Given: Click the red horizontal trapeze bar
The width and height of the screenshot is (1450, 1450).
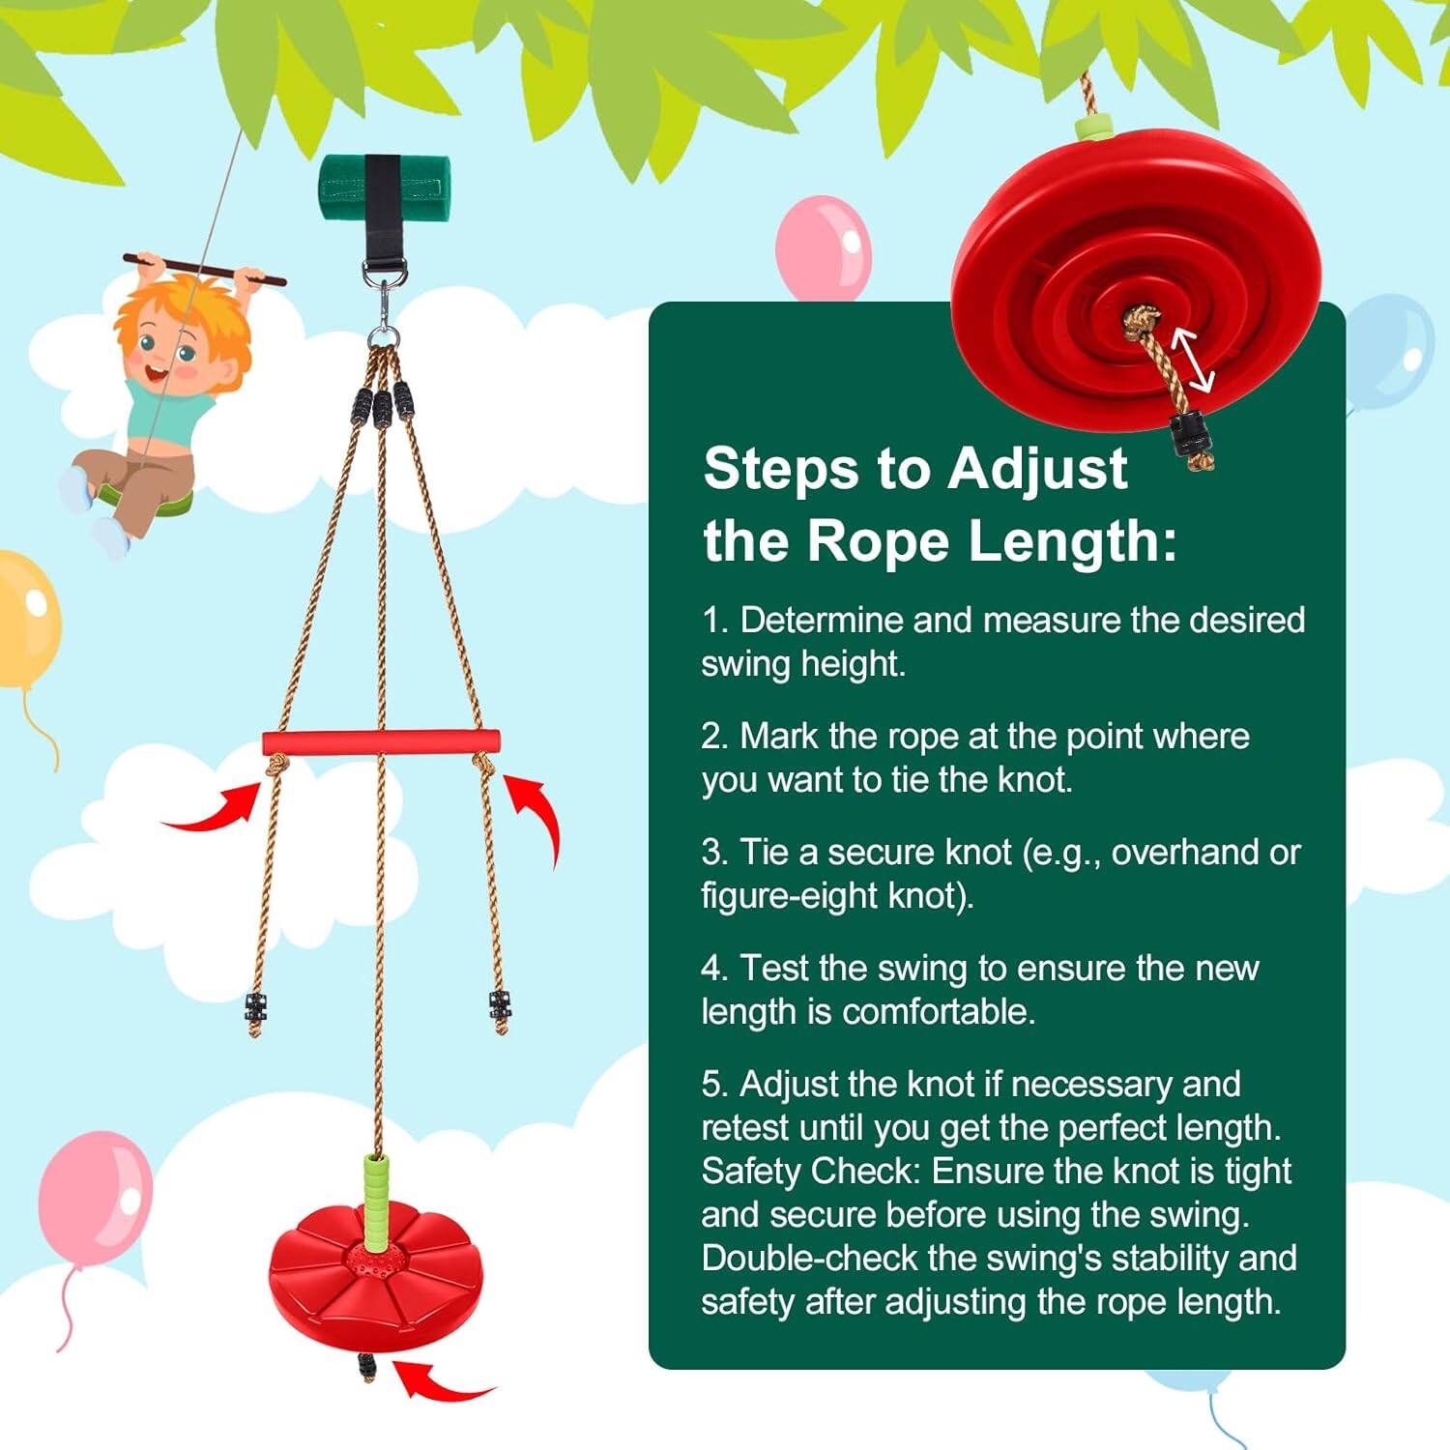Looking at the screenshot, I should [381, 742].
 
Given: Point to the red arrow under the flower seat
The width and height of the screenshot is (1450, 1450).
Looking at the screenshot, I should [440, 1382].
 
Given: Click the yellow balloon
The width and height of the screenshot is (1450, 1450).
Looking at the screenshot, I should [26, 619].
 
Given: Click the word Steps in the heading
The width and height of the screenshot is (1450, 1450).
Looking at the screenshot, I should [780, 470].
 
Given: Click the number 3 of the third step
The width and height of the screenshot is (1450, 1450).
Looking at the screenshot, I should [713, 853].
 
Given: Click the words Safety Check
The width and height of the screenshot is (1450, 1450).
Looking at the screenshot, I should [808, 1172].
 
